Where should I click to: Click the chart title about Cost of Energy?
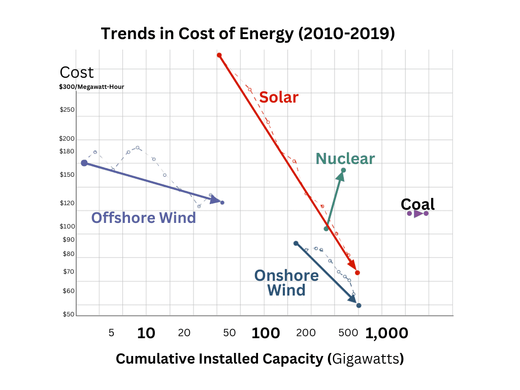pyautogui.click(x=248, y=34)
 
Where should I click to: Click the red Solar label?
pyautogui.click(x=278, y=97)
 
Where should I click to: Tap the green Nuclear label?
pyautogui.click(x=345, y=158)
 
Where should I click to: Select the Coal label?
pyautogui.click(x=417, y=204)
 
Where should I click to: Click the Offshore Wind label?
pyautogui.click(x=143, y=218)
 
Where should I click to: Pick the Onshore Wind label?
pyautogui.click(x=286, y=283)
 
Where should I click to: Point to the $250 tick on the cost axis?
pyautogui.click(x=67, y=110)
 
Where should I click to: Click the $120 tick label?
pyautogui.click(x=67, y=203)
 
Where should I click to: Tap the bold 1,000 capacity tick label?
pyautogui.click(x=386, y=333)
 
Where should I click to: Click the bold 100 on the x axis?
pyautogui.click(x=266, y=333)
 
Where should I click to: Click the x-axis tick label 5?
pyautogui.click(x=111, y=333)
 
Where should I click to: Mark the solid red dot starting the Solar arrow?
pyautogui.click(x=219, y=55)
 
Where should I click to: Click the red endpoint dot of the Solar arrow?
pyautogui.click(x=357, y=273)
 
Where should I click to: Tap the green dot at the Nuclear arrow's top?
pyautogui.click(x=343, y=170)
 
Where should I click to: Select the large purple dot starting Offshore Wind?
pyautogui.click(x=84, y=163)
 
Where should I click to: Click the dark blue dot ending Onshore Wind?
pyautogui.click(x=359, y=305)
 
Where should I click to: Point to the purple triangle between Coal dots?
pyautogui.click(x=417, y=214)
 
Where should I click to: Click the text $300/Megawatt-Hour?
pyautogui.click(x=91, y=87)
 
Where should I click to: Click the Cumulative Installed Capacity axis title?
pyautogui.click(x=259, y=359)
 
